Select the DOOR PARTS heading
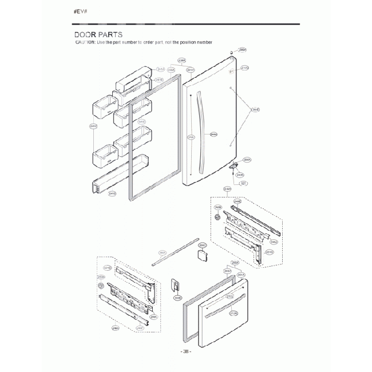[x=98, y=35]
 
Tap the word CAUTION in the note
[x=85, y=43]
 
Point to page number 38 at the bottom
[x=185, y=351]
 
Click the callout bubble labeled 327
[x=243, y=183]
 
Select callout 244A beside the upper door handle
[x=213, y=134]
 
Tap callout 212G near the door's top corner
[x=245, y=68]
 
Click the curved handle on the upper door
[x=199, y=132]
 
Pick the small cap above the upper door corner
[x=230, y=52]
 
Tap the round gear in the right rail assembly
[x=217, y=218]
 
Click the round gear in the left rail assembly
[x=101, y=285]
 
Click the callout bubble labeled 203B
[x=177, y=298]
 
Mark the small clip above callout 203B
[x=176, y=285]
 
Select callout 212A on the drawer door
[x=234, y=314]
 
